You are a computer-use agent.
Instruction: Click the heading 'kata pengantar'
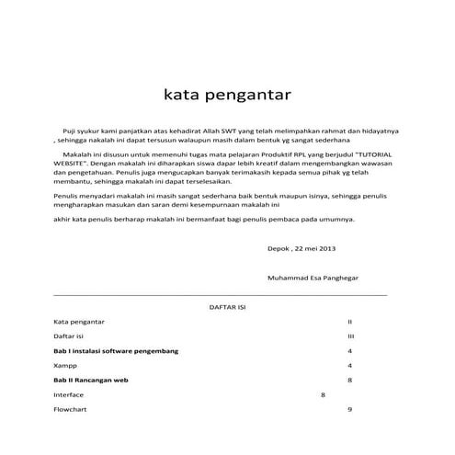[x=227, y=95]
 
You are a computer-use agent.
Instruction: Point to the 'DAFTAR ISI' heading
[x=226, y=308]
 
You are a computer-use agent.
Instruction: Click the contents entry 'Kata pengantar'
[x=80, y=323]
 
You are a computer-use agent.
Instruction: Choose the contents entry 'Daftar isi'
[x=69, y=337]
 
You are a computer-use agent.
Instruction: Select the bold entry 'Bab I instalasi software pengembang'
[x=116, y=351]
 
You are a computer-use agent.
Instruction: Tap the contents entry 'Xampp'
[x=65, y=366]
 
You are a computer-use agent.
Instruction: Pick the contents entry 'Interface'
[x=70, y=394]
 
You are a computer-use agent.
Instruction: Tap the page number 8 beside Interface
[x=323, y=394]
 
